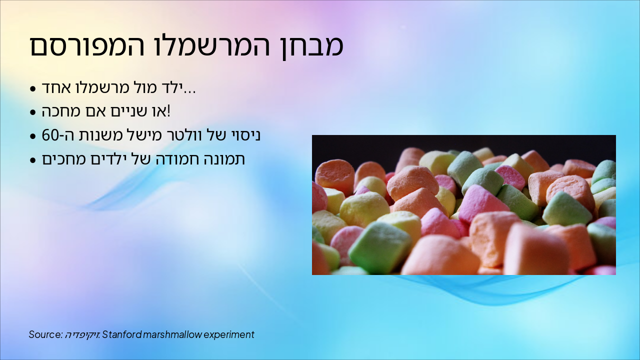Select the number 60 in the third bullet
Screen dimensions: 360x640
[51, 135]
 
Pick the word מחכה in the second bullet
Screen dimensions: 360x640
[61, 111]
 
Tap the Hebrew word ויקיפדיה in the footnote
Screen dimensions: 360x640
[82, 334]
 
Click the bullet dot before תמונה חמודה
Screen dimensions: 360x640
[33, 160]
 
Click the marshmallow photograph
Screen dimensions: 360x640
[463, 205]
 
